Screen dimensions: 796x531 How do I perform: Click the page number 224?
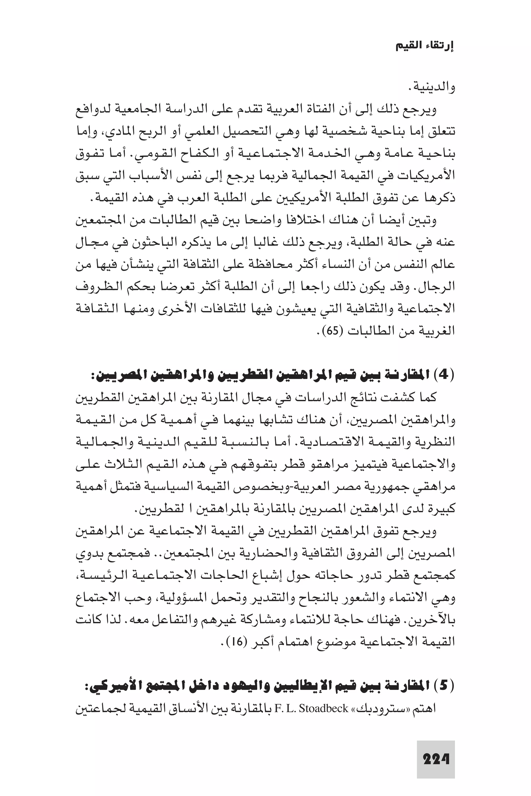436,759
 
